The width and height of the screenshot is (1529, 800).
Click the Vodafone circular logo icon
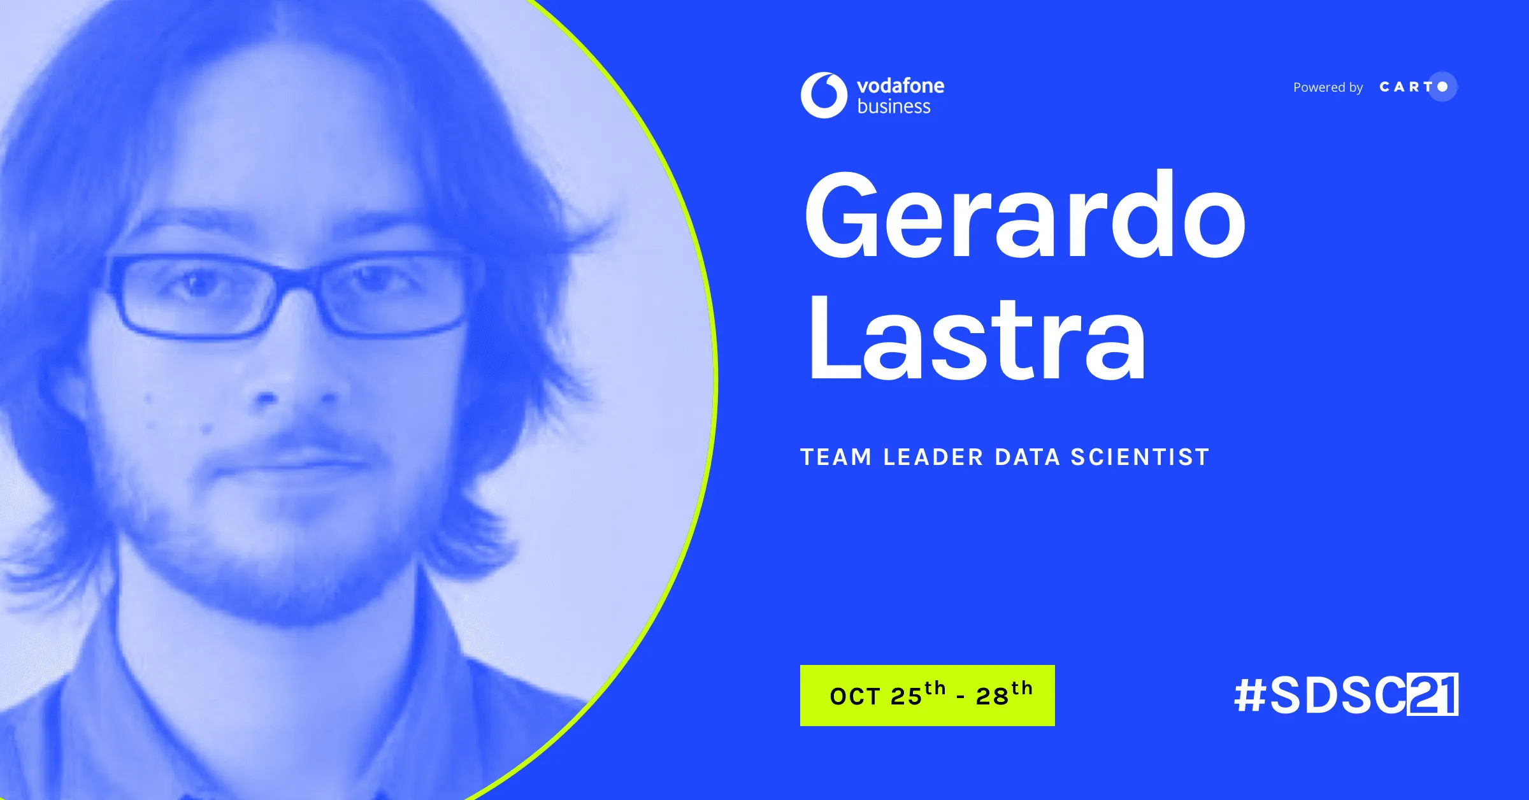point(824,96)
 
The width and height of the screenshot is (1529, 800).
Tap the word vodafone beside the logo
point(900,86)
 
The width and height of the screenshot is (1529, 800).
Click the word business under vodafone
point(894,107)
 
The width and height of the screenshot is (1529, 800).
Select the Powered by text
point(1328,87)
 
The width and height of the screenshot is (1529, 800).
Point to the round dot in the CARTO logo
point(1443,87)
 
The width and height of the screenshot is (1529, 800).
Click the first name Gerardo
point(1024,217)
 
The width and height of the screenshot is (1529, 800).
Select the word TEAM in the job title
point(836,457)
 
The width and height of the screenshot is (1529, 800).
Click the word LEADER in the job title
point(933,457)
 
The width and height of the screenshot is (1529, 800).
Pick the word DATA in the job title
point(1027,457)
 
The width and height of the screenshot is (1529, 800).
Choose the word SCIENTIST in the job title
point(1140,457)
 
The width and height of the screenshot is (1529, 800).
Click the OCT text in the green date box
point(855,697)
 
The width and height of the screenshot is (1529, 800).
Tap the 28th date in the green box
point(1003,695)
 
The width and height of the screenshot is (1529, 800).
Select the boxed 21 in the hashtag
point(1432,695)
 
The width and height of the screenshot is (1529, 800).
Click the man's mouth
point(293,462)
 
